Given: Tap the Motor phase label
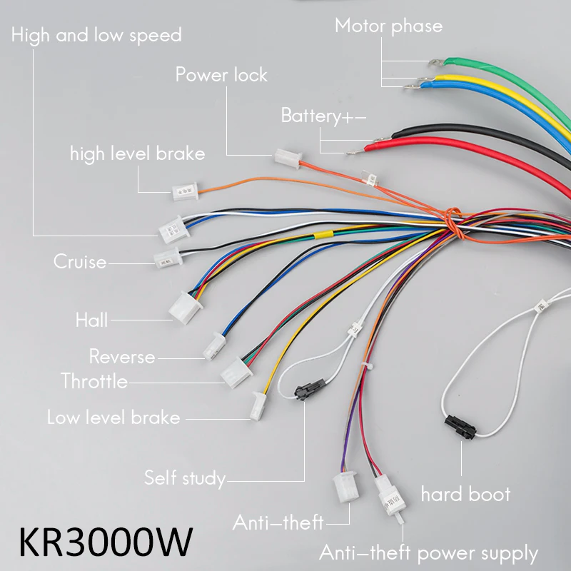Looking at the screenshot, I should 388,26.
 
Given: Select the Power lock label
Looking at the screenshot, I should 221,74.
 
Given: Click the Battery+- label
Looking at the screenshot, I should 323,116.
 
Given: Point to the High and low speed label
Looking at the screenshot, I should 96,35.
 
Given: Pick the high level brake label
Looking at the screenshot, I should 137,153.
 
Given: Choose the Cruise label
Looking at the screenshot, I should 80,262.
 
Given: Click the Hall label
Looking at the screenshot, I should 91,320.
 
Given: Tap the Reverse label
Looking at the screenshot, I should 121,356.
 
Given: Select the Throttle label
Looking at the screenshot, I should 94,381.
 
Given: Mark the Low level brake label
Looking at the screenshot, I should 113,417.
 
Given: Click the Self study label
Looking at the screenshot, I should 185,477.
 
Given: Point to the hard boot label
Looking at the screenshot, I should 465,494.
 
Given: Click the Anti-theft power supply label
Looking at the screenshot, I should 428,552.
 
